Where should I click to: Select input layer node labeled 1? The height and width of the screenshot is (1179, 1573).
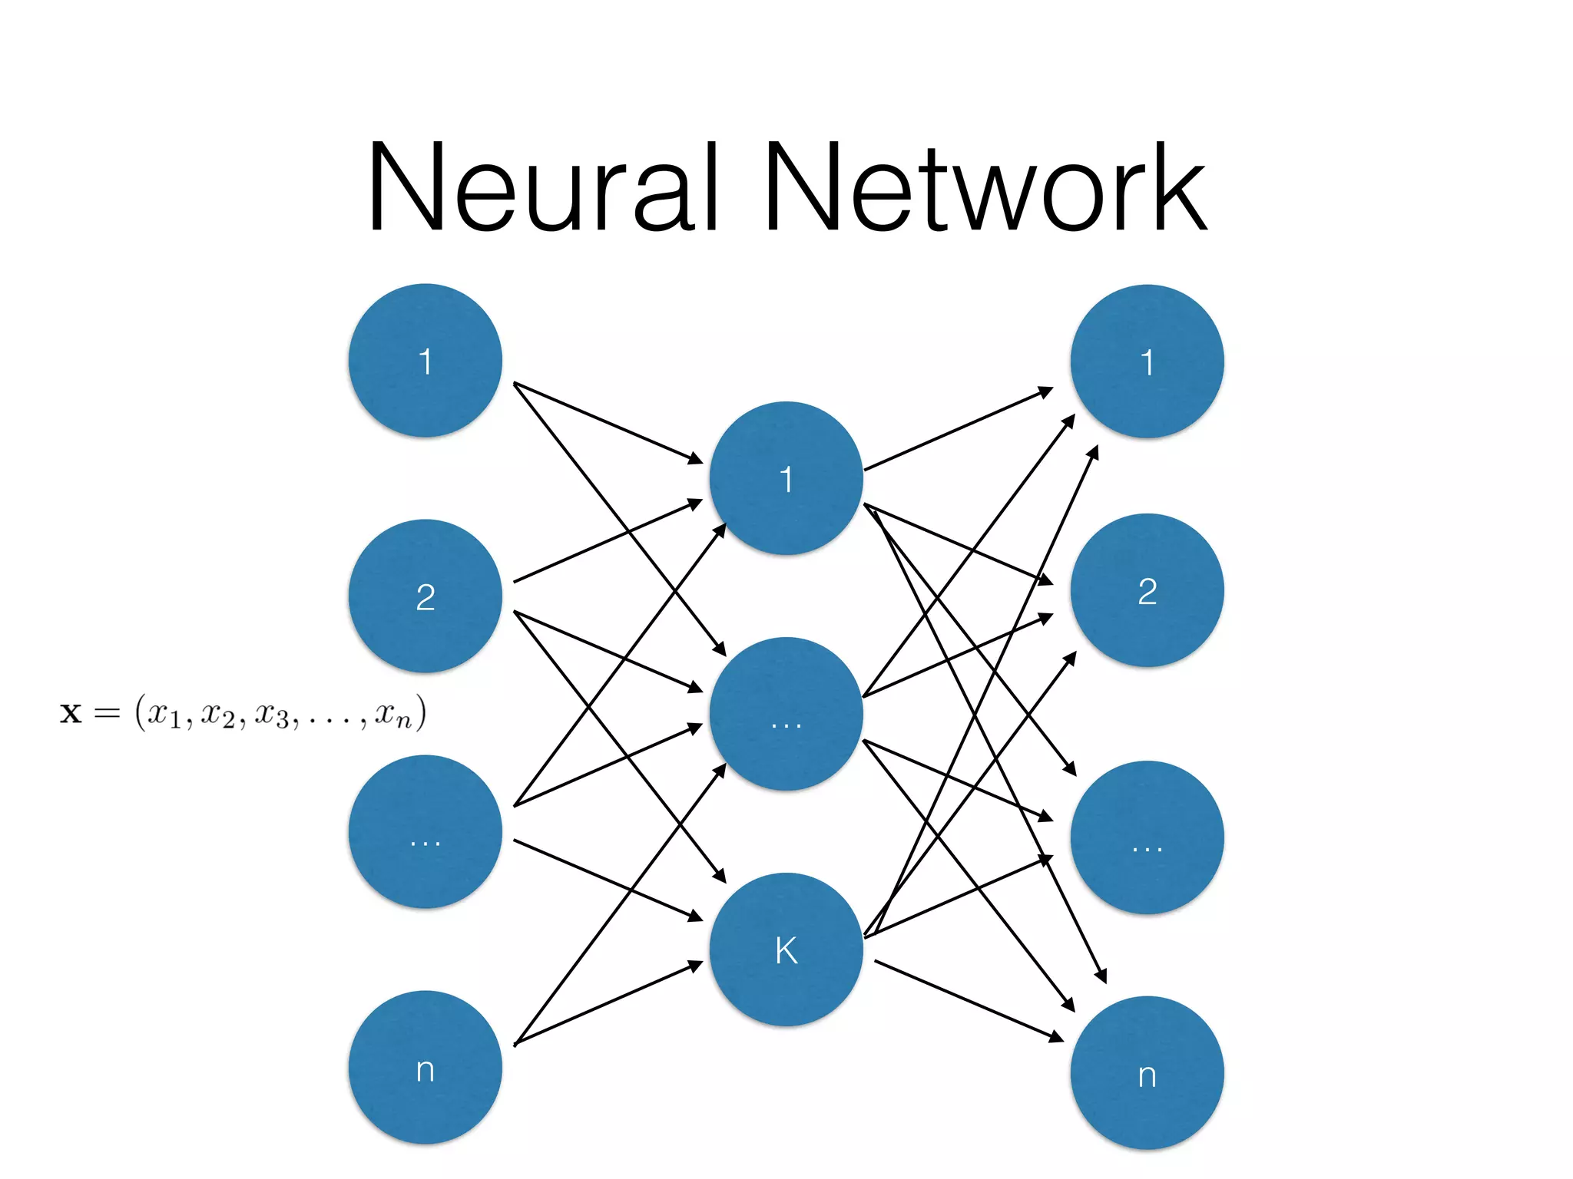tap(425, 361)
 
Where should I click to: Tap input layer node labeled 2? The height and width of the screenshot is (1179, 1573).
tap(425, 596)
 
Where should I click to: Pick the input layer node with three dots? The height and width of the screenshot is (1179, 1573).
tap(425, 832)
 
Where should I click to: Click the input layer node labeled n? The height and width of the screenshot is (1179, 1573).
tap(425, 1068)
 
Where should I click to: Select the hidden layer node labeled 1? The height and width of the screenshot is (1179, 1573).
tap(786, 478)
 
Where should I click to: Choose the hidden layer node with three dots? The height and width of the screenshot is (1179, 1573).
tap(786, 714)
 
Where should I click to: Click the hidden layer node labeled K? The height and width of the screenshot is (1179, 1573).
tap(786, 949)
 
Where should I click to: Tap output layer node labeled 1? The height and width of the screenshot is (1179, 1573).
tap(1147, 362)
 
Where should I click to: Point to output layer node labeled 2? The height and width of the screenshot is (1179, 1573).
tap(1147, 590)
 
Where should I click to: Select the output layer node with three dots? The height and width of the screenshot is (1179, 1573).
tap(1147, 837)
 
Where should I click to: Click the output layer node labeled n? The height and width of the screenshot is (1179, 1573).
tap(1147, 1073)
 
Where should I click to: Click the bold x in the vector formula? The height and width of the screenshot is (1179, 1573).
tap(71, 714)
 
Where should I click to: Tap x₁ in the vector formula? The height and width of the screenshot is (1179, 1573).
tap(164, 714)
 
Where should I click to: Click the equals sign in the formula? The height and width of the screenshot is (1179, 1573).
tap(107, 714)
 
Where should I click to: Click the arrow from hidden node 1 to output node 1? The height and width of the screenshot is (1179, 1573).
tap(959, 429)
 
